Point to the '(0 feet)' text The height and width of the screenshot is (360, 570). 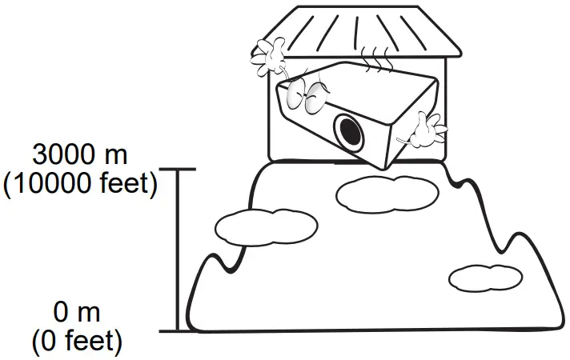tap(78, 342)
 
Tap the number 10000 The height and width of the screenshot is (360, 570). tap(49, 183)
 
